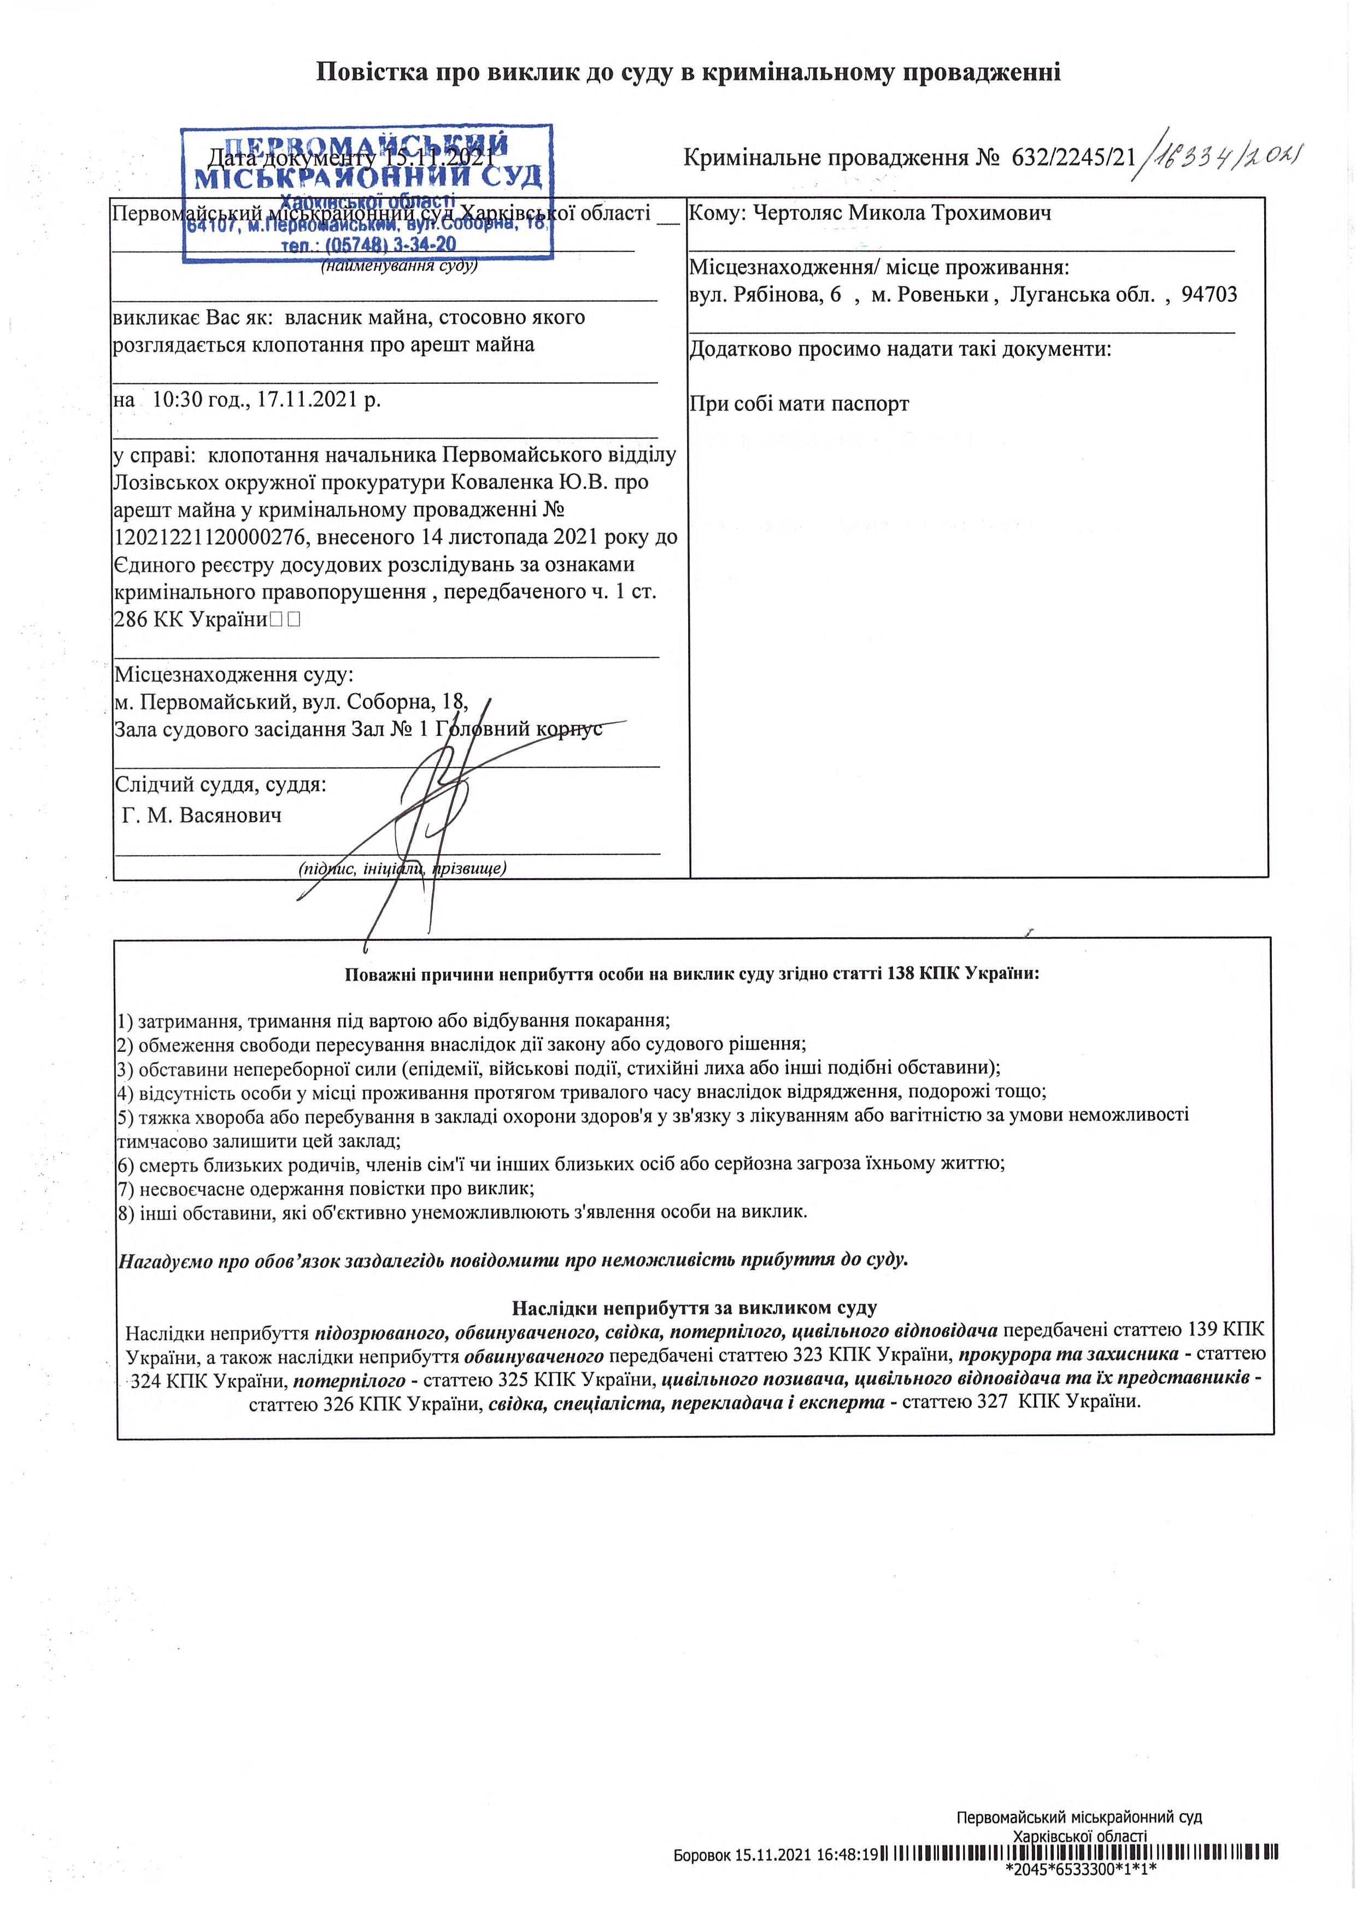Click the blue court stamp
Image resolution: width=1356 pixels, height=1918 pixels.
point(367,193)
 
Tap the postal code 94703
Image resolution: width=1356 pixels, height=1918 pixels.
point(1209,295)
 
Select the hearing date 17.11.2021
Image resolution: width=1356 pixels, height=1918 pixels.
point(310,399)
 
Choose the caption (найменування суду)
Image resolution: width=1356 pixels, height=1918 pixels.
point(399,266)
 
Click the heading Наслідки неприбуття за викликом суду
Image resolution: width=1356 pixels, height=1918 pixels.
point(694,1307)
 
